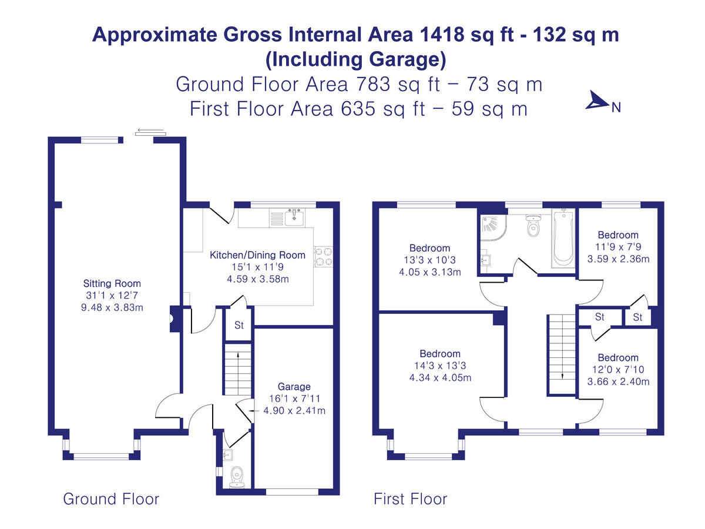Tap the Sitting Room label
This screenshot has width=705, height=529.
click(x=112, y=283)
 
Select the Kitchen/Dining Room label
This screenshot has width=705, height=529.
click(x=257, y=255)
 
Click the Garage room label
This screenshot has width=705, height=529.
click(x=294, y=386)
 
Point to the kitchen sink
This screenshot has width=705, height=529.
click(x=294, y=217)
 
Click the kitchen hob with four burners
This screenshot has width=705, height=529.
click(x=323, y=257)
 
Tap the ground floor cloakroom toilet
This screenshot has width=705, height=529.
click(x=237, y=477)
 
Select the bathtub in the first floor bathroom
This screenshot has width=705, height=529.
click(x=563, y=238)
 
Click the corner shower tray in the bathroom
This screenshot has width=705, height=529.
click(x=493, y=227)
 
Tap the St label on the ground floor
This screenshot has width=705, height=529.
click(x=239, y=325)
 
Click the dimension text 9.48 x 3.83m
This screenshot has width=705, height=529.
click(x=112, y=307)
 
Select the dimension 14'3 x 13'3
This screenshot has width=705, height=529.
click(x=440, y=366)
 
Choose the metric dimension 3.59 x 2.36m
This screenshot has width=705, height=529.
click(x=618, y=259)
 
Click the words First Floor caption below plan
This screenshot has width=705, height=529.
click(x=410, y=499)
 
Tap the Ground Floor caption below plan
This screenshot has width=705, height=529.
click(x=111, y=499)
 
